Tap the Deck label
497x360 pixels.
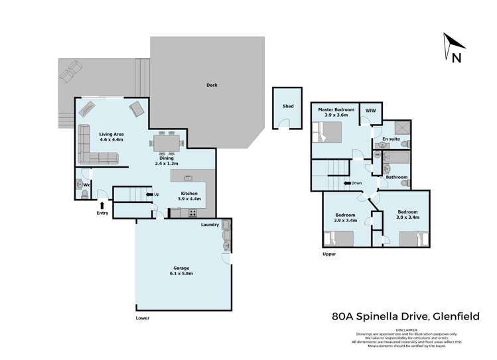[x=212, y=85]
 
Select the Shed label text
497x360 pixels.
[x=288, y=106]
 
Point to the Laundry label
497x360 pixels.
[x=210, y=225]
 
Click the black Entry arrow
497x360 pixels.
[x=102, y=205]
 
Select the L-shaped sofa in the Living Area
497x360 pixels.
[x=93, y=149]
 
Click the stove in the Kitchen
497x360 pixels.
[x=192, y=213]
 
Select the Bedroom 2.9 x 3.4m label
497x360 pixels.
[x=346, y=217]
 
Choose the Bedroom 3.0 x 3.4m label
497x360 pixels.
[x=407, y=213]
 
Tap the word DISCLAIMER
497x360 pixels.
[x=407, y=330]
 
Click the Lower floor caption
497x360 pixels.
[x=142, y=318]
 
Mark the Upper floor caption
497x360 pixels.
[x=329, y=254]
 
